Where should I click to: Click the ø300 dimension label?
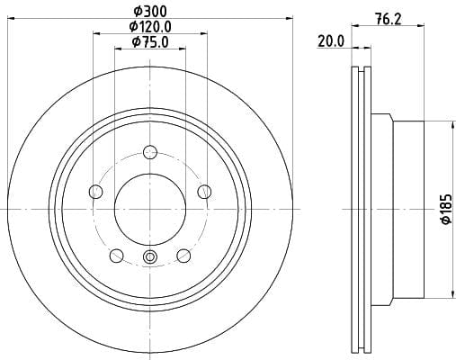pyautogui.click(x=150, y=12)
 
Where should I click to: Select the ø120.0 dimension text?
pyautogui.click(x=150, y=27)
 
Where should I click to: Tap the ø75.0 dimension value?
pyautogui.click(x=150, y=41)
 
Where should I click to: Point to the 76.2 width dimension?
pyautogui.click(x=388, y=20)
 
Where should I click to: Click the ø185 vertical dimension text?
pyautogui.click(x=446, y=209)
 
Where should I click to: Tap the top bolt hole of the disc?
pyautogui.click(x=150, y=152)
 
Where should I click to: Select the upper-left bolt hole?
pyautogui.click(x=96, y=192)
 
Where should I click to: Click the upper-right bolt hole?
pyautogui.click(x=205, y=192)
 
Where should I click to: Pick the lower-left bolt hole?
pyautogui.click(x=117, y=256)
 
